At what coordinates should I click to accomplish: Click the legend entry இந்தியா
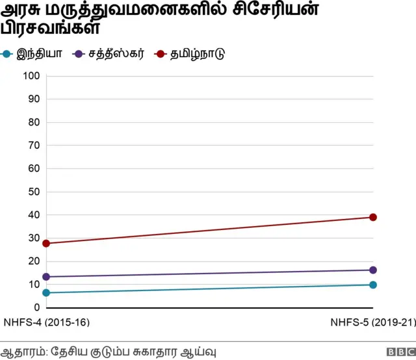(40, 53)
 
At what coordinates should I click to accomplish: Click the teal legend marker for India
(7, 53)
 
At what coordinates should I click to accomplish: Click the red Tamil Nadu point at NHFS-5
(373, 217)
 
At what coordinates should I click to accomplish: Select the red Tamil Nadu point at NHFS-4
(46, 243)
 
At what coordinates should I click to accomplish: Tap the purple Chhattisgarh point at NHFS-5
(373, 270)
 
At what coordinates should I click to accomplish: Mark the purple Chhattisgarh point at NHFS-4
(46, 277)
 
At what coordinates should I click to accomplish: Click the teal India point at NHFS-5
(373, 285)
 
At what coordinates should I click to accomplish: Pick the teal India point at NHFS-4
(46, 292)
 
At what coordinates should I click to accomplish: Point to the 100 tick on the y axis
(32, 76)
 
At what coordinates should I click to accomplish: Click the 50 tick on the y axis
(34, 192)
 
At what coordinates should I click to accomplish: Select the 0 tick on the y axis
(37, 307)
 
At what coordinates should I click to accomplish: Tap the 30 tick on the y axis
(34, 238)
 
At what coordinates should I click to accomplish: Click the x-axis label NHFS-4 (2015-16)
(46, 322)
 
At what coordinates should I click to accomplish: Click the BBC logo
(399, 352)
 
